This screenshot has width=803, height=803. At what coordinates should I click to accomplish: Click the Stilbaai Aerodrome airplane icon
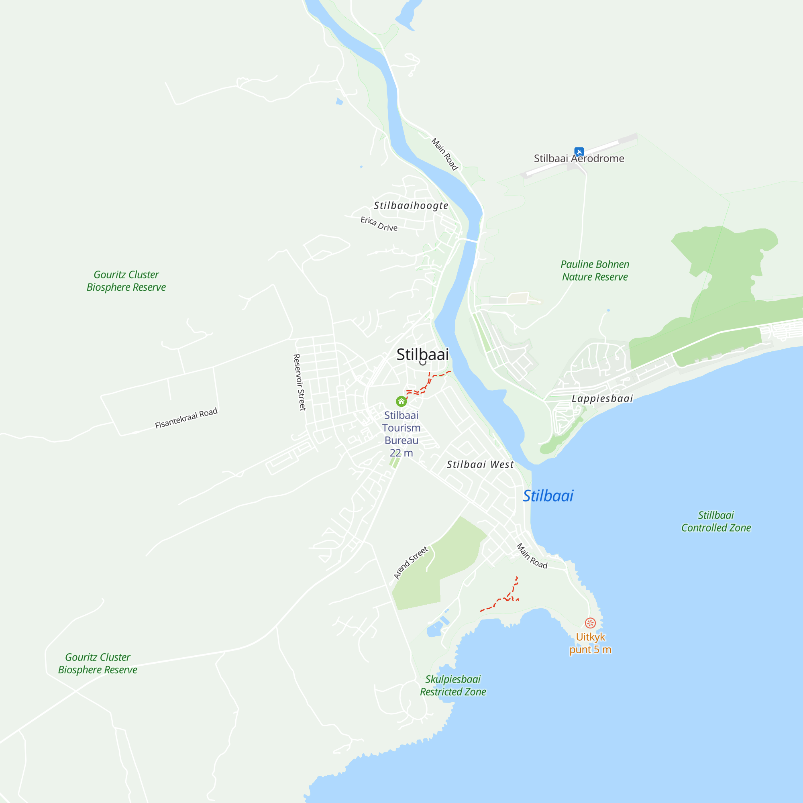(x=579, y=152)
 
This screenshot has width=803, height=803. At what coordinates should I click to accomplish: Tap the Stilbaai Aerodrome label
(x=579, y=158)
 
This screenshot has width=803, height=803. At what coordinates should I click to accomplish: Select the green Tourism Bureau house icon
(x=401, y=401)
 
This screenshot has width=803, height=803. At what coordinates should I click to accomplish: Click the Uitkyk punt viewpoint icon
(x=590, y=623)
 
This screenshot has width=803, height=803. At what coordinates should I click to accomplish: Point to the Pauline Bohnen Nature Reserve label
(x=595, y=271)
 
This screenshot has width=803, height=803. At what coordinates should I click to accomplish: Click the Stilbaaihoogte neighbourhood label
(x=411, y=205)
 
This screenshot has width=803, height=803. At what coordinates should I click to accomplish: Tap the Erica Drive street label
(x=379, y=224)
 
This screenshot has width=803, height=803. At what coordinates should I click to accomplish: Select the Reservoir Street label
(x=299, y=382)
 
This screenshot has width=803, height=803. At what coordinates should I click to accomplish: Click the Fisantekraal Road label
(x=186, y=418)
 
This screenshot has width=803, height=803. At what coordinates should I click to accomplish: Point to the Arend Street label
(x=411, y=563)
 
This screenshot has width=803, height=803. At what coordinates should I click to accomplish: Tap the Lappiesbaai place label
(x=602, y=398)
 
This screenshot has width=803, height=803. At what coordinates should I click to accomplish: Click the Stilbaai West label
(x=480, y=464)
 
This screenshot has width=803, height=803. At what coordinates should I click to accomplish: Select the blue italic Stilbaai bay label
(x=548, y=495)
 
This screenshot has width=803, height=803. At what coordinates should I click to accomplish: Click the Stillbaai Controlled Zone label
(x=716, y=521)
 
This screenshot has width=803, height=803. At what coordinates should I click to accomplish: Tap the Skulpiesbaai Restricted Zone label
(x=452, y=685)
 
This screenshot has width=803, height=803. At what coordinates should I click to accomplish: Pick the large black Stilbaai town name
(x=422, y=354)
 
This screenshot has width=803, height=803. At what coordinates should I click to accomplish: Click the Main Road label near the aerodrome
(x=444, y=154)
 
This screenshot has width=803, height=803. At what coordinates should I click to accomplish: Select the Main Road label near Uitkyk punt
(x=532, y=556)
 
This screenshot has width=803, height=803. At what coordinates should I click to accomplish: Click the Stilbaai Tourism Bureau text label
(x=401, y=434)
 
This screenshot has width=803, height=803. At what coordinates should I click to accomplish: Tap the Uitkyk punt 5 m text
(x=590, y=643)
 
